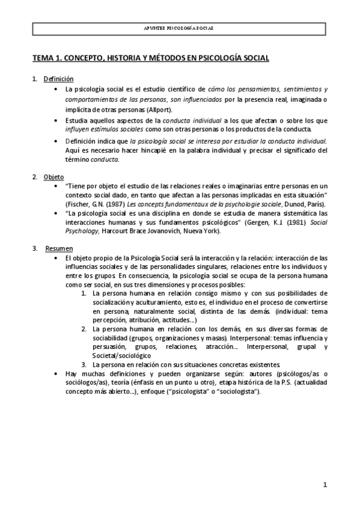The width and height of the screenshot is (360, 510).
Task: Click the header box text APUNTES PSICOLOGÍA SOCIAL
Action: point(180,28)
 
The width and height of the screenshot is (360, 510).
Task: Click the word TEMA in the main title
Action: point(43,58)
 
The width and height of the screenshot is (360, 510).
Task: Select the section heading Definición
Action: point(58,79)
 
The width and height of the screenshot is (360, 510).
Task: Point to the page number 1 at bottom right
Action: point(325,484)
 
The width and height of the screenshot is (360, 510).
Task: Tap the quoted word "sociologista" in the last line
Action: point(237,392)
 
